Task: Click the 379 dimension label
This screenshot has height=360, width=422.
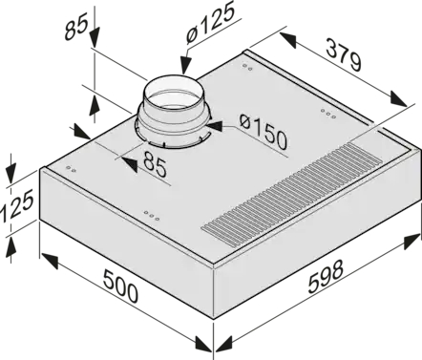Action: coord(344,54)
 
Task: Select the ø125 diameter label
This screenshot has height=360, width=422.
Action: coord(209,23)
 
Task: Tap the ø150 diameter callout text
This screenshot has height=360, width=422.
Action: coord(264,132)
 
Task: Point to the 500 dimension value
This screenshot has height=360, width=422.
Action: coord(121,286)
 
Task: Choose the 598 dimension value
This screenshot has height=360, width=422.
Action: coord(327,276)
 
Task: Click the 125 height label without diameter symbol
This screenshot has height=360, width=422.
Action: coord(16,206)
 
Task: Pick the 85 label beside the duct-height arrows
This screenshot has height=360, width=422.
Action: coord(76,29)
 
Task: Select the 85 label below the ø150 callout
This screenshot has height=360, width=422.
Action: coord(155,164)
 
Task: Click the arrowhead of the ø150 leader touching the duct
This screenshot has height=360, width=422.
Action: coord(214,126)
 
